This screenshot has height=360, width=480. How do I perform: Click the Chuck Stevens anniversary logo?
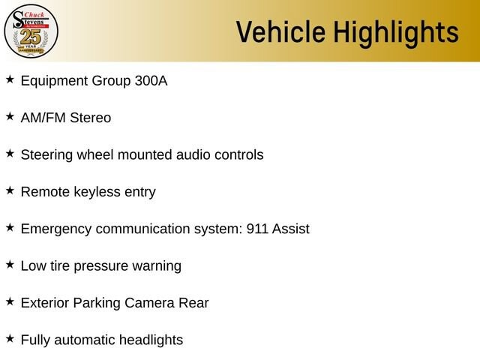[x=31, y=31]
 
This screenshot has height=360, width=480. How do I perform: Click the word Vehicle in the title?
[x=280, y=32]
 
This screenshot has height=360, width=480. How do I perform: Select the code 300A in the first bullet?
[x=151, y=81]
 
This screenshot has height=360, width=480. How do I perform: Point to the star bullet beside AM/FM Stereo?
[x=10, y=116]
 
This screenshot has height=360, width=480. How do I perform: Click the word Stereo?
[x=91, y=118]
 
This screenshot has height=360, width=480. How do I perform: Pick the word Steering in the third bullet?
[x=46, y=155]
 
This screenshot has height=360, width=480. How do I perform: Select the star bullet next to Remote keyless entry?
[x=10, y=190]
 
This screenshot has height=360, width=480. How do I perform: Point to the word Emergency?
[x=56, y=229]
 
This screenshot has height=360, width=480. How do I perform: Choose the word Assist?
[x=291, y=229]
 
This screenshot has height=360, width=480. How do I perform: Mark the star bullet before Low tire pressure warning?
[x=10, y=265]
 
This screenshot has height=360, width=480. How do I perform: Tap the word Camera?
[x=149, y=303]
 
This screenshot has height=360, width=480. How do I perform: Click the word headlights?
[x=151, y=340]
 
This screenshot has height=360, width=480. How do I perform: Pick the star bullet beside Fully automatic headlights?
[x=10, y=338]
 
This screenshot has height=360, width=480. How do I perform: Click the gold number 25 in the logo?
[x=31, y=37]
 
